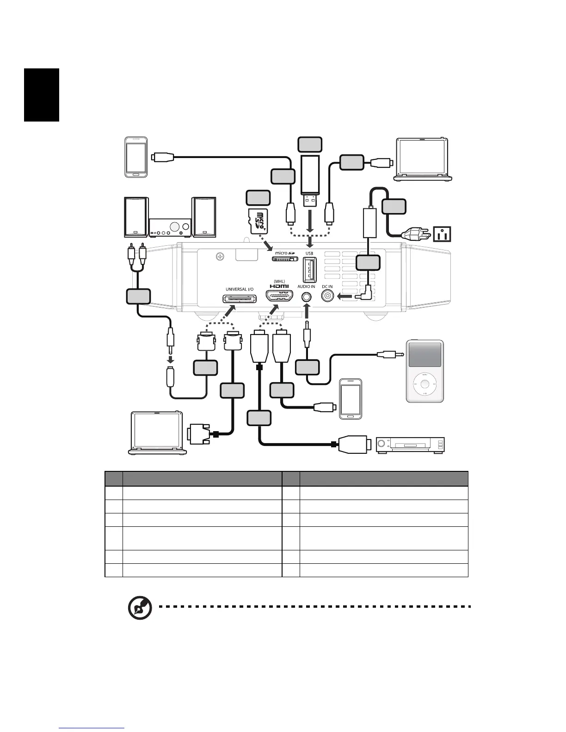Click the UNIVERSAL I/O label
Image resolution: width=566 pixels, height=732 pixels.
click(240, 289)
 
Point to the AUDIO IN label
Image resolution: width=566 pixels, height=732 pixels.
click(306, 287)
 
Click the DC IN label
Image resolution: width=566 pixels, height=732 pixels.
click(327, 287)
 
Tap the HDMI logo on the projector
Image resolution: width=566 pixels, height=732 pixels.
click(279, 287)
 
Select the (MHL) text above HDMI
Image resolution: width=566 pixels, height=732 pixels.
click(279, 281)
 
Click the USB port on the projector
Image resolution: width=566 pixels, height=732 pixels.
click(309, 269)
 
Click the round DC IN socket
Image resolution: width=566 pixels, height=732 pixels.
click(328, 297)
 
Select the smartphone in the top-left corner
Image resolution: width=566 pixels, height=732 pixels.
click(136, 157)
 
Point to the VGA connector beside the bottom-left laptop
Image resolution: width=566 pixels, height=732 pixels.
click(198, 434)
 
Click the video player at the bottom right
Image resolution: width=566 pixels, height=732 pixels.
click(410, 445)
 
